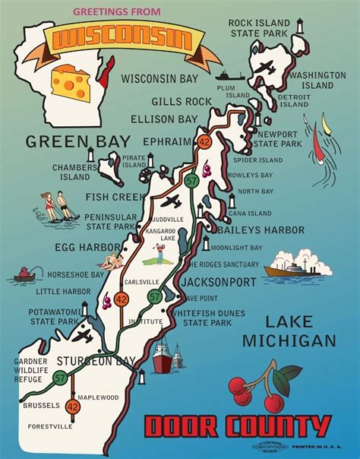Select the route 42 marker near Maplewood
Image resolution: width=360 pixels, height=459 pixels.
tap(72, 407)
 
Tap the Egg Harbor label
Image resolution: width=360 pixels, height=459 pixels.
tap(87, 247)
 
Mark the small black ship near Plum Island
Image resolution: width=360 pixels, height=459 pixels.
tap(227, 75)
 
